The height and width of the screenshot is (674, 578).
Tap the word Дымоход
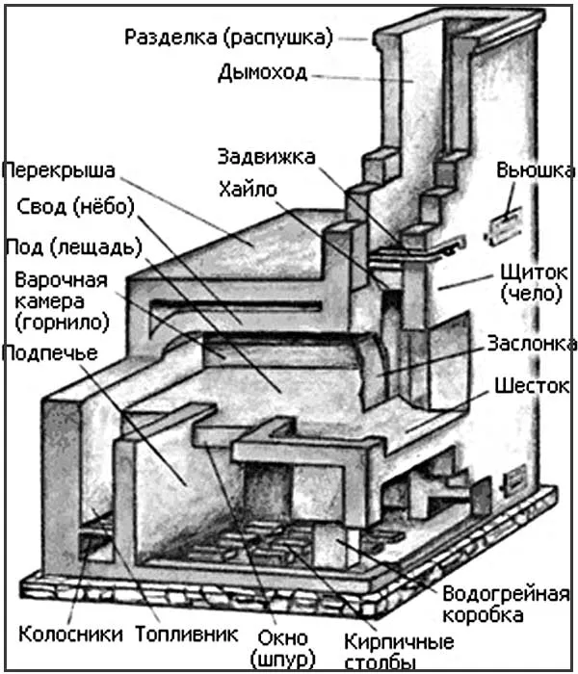(x=263, y=71)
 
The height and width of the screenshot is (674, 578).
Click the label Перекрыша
(x=59, y=171)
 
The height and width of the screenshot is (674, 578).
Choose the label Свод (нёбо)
(x=75, y=207)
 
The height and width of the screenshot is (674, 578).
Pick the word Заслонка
(x=533, y=344)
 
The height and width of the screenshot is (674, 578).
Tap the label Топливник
(x=185, y=634)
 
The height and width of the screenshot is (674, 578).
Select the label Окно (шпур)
(x=282, y=649)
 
